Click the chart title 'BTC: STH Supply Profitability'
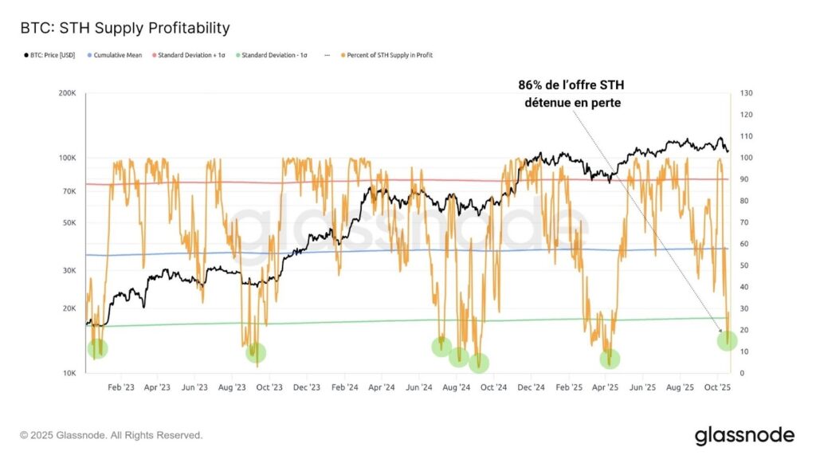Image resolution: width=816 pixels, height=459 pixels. [x=125, y=28]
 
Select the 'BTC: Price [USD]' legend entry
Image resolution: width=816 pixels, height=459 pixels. [x=50, y=55]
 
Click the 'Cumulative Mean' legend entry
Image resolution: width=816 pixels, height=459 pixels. [x=116, y=55]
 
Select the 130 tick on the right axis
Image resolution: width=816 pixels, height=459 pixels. [x=747, y=93]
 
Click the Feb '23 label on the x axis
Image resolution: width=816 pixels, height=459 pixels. [x=120, y=387]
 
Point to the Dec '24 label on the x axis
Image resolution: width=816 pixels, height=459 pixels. [x=530, y=387]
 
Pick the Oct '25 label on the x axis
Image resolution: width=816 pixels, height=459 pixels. [x=718, y=387]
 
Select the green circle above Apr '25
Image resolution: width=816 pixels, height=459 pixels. [x=611, y=359]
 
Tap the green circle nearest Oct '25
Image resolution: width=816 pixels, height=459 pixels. [x=727, y=341]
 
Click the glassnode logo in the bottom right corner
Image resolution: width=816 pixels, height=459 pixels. [x=744, y=435]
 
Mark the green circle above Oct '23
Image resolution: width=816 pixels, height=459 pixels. [x=256, y=352]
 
